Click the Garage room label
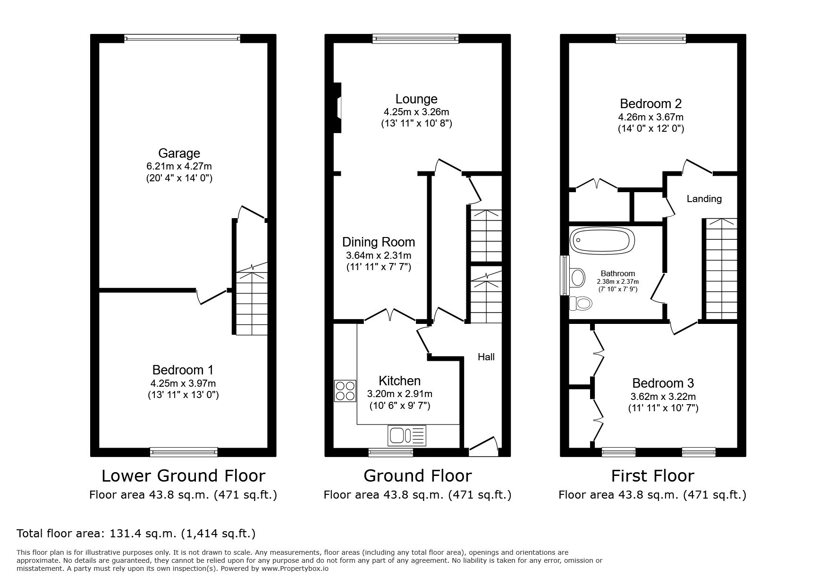(x=179, y=153)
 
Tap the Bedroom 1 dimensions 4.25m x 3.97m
(x=183, y=383)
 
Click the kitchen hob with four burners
(x=345, y=391)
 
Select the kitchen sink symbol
(x=406, y=435)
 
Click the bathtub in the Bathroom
(x=601, y=241)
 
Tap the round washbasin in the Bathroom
(x=577, y=277)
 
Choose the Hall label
(x=486, y=357)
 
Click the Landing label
(x=703, y=199)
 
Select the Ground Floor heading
(x=417, y=475)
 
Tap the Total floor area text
(x=136, y=534)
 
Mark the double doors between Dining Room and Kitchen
(x=390, y=316)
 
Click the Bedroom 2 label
(x=650, y=103)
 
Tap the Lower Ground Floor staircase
(x=252, y=302)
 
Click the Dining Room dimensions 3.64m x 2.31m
(x=378, y=255)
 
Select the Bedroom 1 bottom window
(x=184, y=452)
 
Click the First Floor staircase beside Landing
(x=720, y=269)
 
